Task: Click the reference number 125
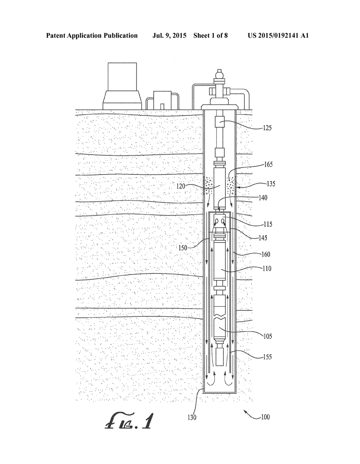click(267, 128)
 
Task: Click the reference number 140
click(262, 198)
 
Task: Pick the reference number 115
click(267, 224)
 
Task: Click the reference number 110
click(267, 269)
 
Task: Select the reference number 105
click(267, 336)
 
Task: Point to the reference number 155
click(267, 357)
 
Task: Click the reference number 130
click(192, 418)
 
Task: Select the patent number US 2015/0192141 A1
click(278, 36)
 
